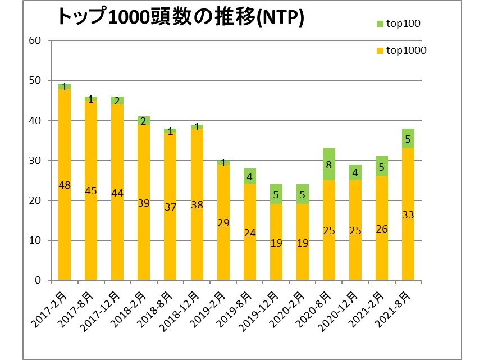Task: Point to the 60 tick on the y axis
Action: click(x=35, y=40)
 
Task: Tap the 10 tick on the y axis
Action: click(x=35, y=240)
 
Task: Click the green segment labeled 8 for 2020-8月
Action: click(x=328, y=165)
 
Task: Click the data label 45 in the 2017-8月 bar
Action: click(x=91, y=191)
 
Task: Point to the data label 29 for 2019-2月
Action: click(x=223, y=222)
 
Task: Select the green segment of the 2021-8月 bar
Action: click(x=408, y=138)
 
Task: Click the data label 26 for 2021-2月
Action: click(x=381, y=229)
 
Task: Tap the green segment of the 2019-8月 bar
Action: click(x=249, y=176)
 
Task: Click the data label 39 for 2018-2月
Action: click(x=144, y=203)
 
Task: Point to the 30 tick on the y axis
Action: click(x=35, y=161)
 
